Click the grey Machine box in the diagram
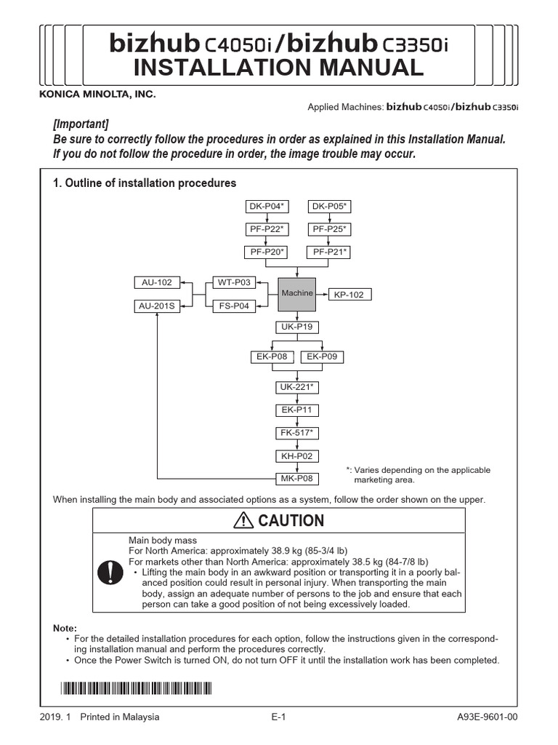pos(296,293)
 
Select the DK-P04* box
pos(266,207)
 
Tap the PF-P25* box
pos(330,229)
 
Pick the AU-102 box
pos(156,282)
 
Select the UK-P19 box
pos(296,327)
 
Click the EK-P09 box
pos(322,356)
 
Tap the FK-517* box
pos(296,433)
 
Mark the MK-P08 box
pos(296,478)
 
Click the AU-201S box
pos(157,306)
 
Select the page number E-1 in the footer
pos(279,717)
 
